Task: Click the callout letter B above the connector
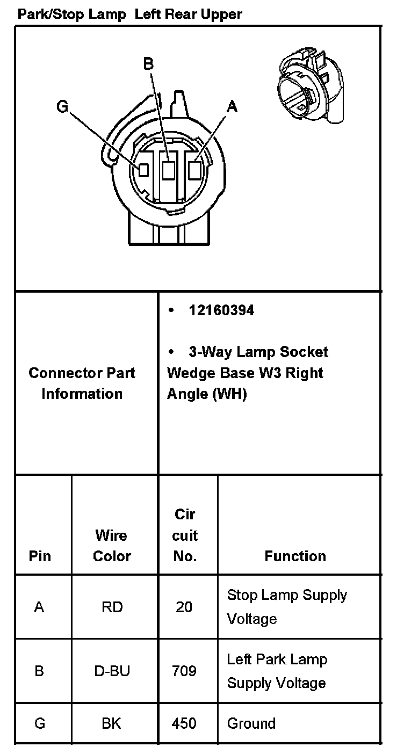coord(148,64)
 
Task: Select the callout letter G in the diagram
coord(62,107)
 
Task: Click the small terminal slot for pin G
coord(143,170)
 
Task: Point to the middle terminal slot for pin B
coord(169,170)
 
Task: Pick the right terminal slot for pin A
coord(195,170)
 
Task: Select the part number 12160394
coord(221,310)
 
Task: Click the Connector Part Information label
coord(82,383)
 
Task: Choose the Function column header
coord(295,556)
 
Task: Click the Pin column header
coord(40,556)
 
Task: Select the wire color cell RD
coord(112,607)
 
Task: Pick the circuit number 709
coord(184,671)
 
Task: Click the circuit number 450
coord(184,723)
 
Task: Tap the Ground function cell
coord(251,723)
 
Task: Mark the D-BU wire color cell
coord(112,671)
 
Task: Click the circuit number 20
coord(184,607)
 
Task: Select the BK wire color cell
coord(112,723)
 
